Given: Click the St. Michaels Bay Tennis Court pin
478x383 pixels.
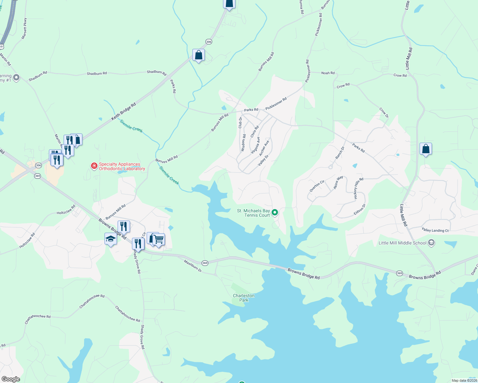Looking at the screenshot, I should coord(274,212).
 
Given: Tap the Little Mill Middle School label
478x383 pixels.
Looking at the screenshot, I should coord(402,243).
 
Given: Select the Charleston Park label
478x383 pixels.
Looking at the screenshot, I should coord(244,298).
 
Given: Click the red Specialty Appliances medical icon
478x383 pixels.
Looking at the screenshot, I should coord(94,166).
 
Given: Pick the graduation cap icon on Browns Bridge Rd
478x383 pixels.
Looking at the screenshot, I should coord(111,239).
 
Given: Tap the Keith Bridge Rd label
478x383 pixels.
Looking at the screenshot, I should coord(123,111).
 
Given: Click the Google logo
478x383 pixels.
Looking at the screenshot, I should coord(11,379).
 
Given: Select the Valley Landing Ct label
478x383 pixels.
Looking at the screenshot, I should coord(435,230).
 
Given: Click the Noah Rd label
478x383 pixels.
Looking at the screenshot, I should coord(328,73).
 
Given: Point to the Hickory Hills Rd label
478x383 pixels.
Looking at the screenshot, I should coord(358,189).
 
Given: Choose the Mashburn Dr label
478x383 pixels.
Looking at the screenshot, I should coord(193,266).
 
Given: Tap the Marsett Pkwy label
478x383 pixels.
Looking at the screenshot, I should coord(24,29).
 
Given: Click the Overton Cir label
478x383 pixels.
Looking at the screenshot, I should coord(317,186).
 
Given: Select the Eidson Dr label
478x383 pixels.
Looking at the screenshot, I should coord(359,209).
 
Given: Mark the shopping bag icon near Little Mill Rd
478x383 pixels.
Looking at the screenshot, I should coord(426,149).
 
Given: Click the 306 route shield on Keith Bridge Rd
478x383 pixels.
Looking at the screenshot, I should coord(209,42).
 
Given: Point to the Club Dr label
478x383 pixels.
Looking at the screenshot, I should coord(240,123).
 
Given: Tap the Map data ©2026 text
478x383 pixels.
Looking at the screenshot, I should coord(464,380).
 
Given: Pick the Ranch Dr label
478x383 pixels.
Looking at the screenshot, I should coord(340,153).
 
